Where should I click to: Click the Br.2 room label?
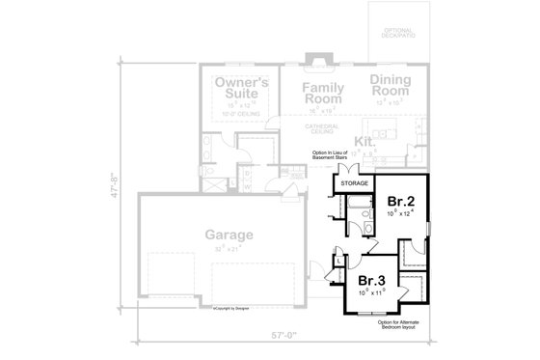tap(401, 201)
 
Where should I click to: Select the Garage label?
tap(229, 235)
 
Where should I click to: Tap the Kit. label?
tap(364, 142)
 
